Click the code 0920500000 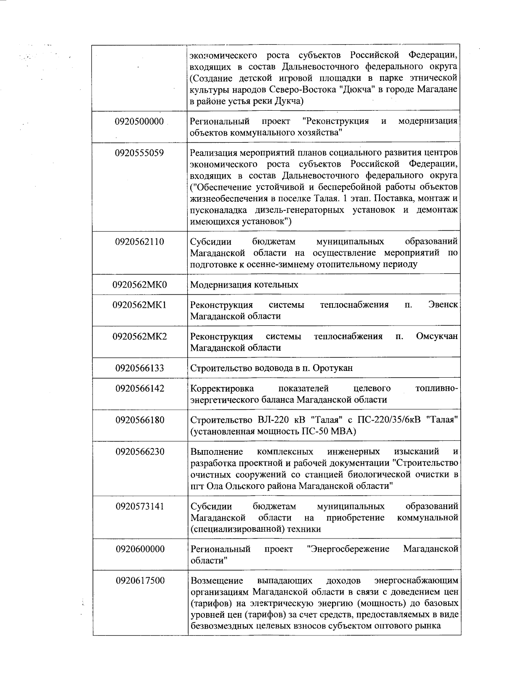pos(139,122)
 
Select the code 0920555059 pos(139,153)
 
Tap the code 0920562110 pos(139,242)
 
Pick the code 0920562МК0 pos(139,285)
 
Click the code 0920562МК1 pos(139,305)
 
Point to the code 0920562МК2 pos(139,336)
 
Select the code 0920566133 pos(139,368)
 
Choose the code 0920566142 pos(139,388)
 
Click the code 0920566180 pos(139,420)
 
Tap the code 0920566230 pos(139,452)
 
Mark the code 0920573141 pos(139,506)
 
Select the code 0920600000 pos(139,549)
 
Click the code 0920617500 pos(139,581)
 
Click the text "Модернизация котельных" pos(244,285)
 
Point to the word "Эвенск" pos(443,305)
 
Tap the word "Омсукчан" pos(436,336)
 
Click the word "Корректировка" pos(222,388)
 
